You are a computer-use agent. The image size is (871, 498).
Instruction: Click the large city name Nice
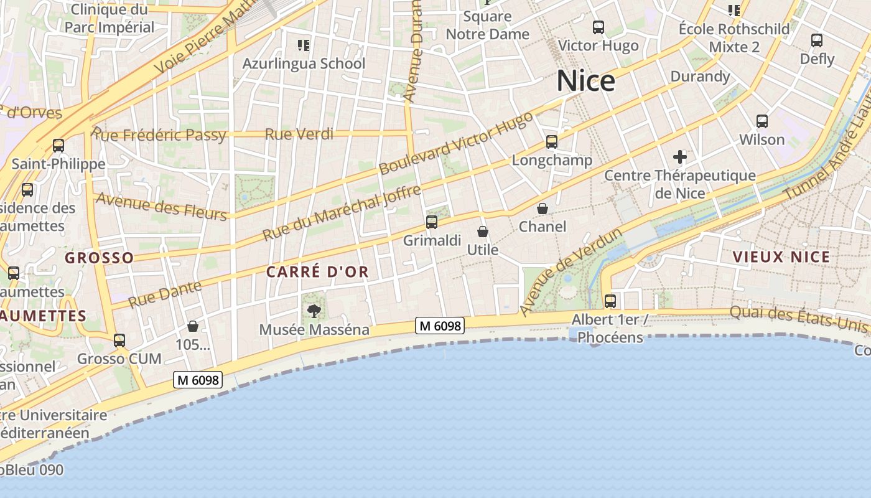pos(585,82)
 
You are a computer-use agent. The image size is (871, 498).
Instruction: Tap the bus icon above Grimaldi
pos(431,222)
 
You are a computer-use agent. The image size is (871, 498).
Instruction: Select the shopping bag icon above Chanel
pos(543,209)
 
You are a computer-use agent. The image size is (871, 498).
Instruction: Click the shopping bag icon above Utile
pos(482,232)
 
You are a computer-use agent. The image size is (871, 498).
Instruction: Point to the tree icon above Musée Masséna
pos(314,311)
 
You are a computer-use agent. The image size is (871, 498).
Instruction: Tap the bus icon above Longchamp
pos(552,142)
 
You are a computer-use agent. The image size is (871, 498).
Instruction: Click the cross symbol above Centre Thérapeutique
pos(680,157)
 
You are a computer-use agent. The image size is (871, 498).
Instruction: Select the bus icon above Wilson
pos(762,121)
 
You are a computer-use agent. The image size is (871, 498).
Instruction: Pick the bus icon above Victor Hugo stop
pos(599,27)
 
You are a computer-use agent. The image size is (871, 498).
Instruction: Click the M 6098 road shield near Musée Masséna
pos(440,326)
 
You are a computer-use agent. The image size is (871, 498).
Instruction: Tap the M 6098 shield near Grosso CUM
pos(198,379)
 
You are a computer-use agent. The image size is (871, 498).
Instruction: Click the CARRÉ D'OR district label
pos(317,272)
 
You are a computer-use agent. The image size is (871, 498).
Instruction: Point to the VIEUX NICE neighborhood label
pos(781,257)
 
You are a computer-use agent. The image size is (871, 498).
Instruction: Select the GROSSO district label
pos(100,258)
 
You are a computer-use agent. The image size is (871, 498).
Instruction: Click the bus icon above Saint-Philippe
pos(58,146)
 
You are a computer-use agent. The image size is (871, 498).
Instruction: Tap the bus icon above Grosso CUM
pos(119,341)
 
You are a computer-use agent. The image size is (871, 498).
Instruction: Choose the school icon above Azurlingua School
pos(304,45)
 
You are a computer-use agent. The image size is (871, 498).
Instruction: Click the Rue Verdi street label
pos(299,134)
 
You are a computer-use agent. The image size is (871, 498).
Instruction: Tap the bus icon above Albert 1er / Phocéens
pos(610,301)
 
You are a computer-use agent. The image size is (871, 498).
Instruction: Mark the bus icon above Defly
pos(817,40)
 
